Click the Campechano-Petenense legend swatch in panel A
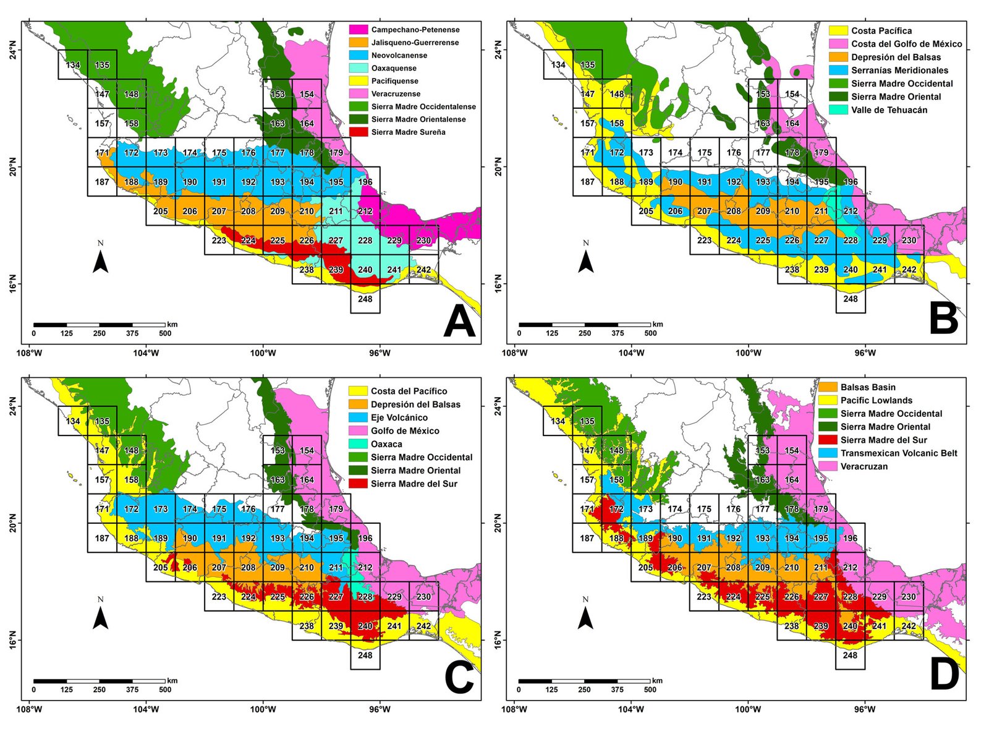(x=358, y=30)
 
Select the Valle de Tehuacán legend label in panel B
(x=889, y=110)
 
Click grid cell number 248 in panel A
(x=365, y=299)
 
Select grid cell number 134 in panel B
(x=558, y=65)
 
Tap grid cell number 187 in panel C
(x=102, y=538)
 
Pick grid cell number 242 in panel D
(x=909, y=626)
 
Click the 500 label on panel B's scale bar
(x=650, y=333)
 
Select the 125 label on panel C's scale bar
(x=66, y=690)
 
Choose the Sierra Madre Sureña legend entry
(x=408, y=132)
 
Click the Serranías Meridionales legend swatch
(x=838, y=71)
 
